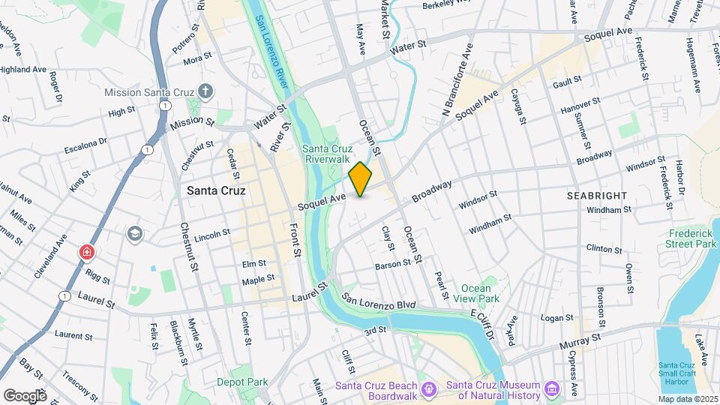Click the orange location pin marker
point(361,179)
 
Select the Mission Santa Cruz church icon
point(206,91)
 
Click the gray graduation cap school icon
point(134,233)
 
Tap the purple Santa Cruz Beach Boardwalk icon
point(428,388)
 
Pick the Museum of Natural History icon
point(553,388)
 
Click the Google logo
point(25,395)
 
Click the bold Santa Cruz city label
point(216,191)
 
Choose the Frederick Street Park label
point(691,238)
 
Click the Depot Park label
point(242,382)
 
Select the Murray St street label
point(581,340)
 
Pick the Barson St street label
point(393,263)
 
